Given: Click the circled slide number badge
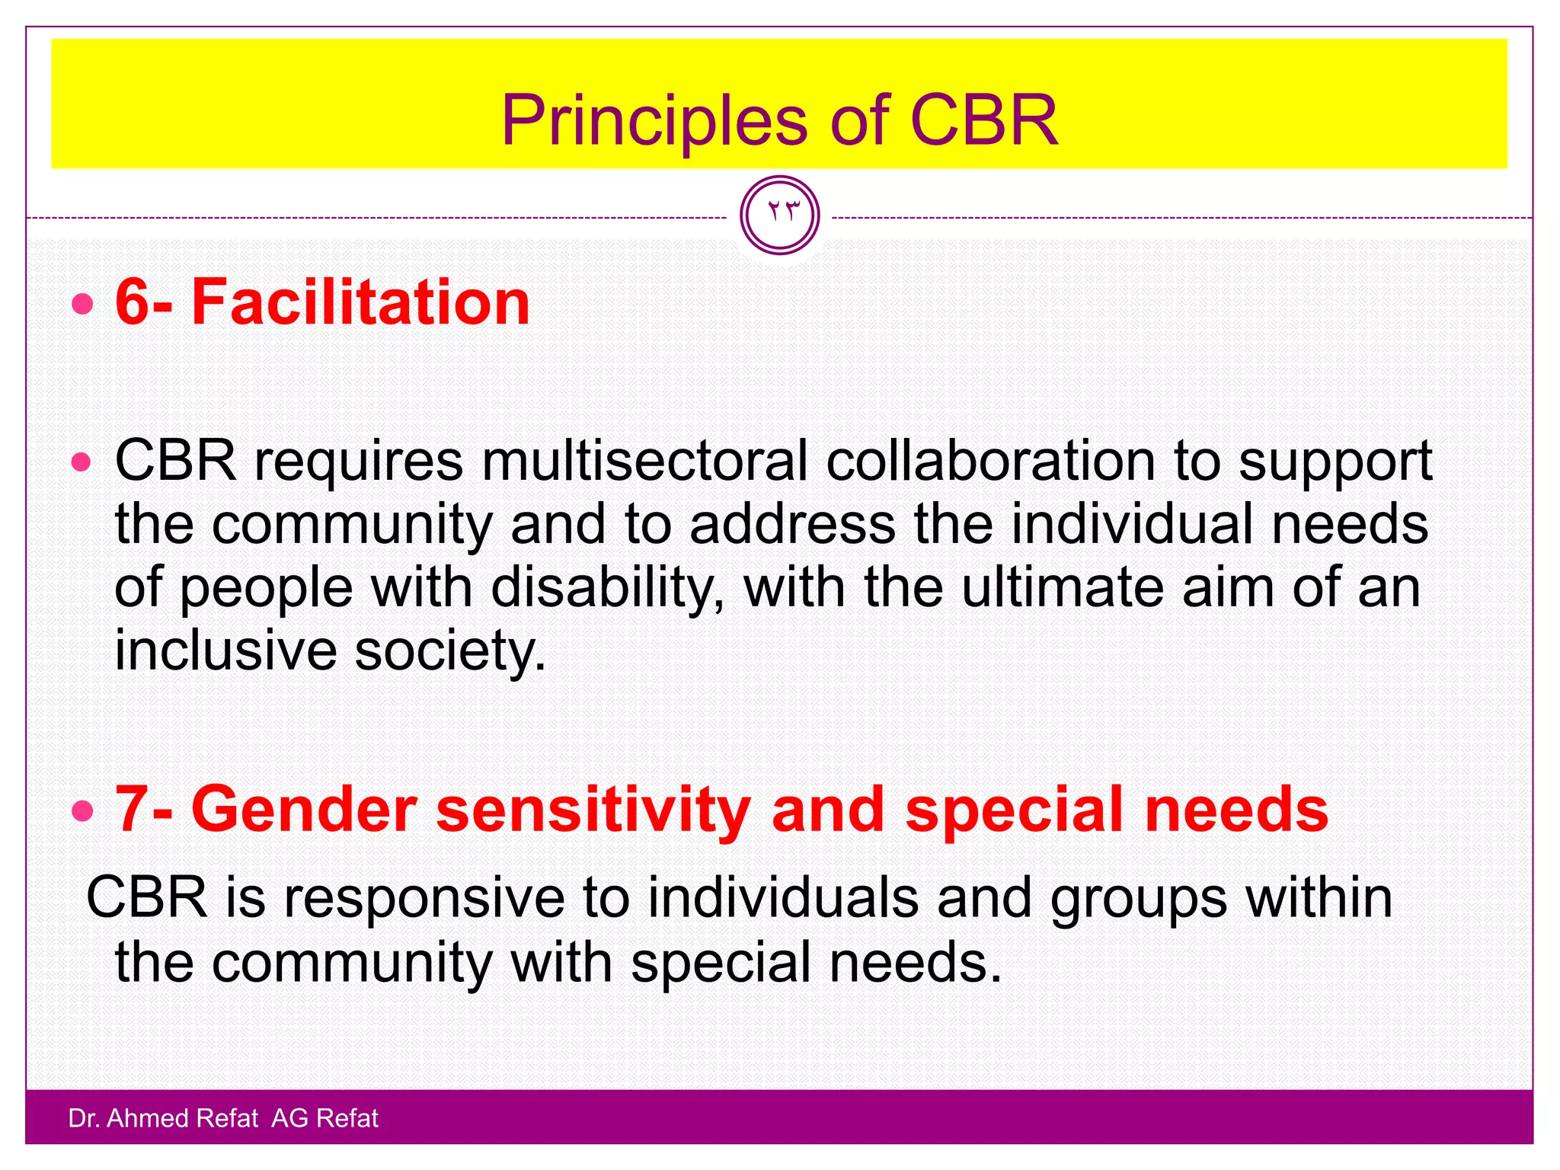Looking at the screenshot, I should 779,215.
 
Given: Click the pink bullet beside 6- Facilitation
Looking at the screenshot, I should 82,305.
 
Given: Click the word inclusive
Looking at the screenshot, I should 225,651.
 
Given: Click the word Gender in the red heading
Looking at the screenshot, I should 303,809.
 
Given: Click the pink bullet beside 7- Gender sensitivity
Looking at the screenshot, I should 82,812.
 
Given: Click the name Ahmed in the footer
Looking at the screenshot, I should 149,1118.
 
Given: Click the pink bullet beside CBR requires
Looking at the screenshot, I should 82,462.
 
